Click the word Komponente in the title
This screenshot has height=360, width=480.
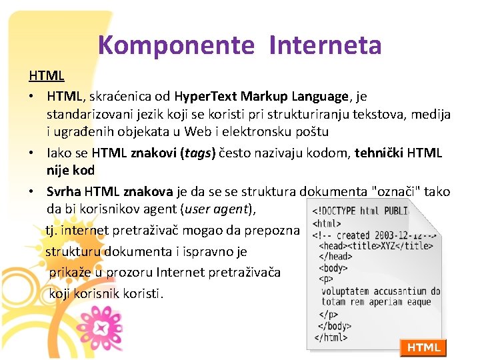(x=176, y=45)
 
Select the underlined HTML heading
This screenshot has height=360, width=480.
(x=46, y=76)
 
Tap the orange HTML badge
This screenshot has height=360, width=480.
(x=423, y=347)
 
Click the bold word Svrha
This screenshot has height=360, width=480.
(x=64, y=192)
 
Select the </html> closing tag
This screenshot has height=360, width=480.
(x=331, y=337)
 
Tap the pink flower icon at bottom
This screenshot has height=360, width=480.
(x=103, y=327)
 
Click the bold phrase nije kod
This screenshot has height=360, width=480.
(x=71, y=170)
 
